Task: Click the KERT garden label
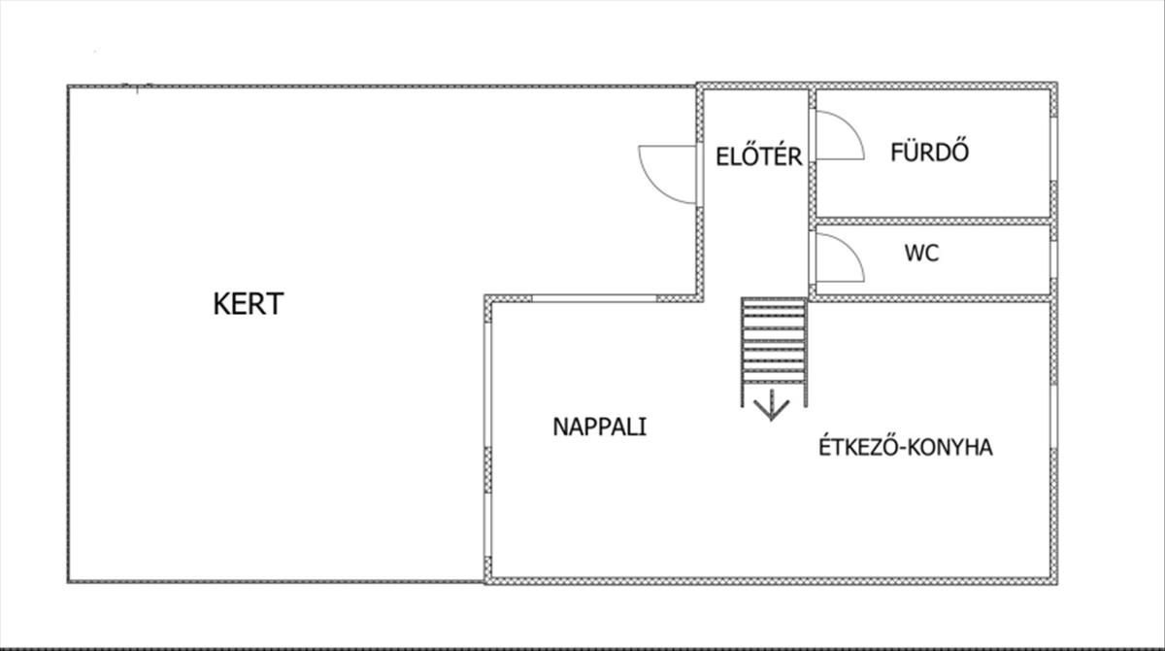click(x=248, y=304)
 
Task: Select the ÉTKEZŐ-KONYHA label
click(x=905, y=448)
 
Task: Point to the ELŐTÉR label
click(x=758, y=156)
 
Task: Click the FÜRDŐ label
click(x=930, y=153)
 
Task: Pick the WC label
click(x=921, y=255)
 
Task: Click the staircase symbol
click(x=773, y=340)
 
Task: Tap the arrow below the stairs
click(x=772, y=403)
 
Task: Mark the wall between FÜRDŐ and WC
click(x=932, y=222)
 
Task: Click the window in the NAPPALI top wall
click(x=594, y=298)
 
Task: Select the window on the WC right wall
click(x=1052, y=259)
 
